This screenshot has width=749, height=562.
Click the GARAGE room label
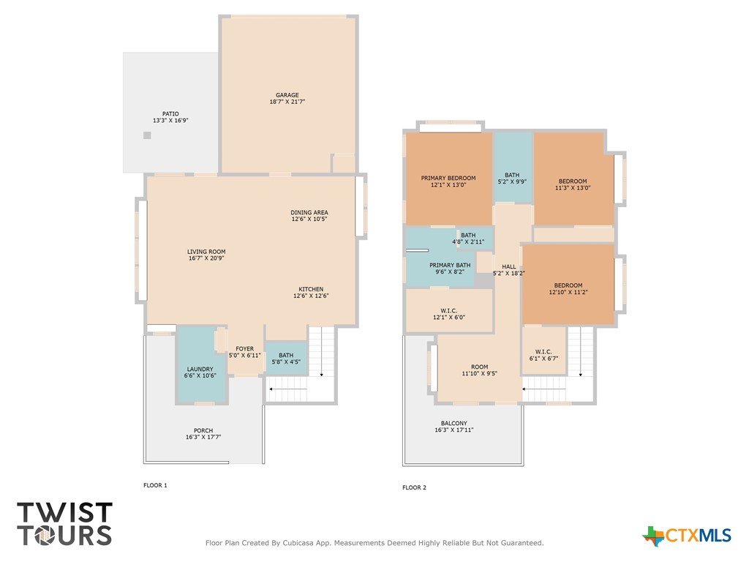coord(287,95)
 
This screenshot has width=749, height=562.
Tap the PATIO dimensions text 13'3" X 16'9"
coord(170,121)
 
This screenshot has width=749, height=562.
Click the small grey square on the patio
coord(147,135)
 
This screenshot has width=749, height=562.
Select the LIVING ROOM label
coord(206,252)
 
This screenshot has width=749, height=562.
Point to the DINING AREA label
coord(309,212)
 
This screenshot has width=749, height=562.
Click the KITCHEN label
coord(311,289)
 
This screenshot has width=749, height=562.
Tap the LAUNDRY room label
coord(200,369)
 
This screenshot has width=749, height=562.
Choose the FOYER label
coord(244,349)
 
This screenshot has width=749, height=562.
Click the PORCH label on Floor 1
coord(203,430)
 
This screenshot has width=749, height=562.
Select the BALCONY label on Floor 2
coord(453,424)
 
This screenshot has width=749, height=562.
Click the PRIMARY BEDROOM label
coord(448,179)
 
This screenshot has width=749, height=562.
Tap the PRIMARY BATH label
coord(450,265)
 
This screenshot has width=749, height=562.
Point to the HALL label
coord(509,266)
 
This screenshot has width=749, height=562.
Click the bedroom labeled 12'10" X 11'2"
coord(568,288)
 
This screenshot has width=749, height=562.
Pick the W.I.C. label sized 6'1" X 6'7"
coord(543,355)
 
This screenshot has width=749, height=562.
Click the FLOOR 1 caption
coord(155,486)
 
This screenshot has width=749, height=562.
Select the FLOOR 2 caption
coord(414,487)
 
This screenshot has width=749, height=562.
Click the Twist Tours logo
coord(64,524)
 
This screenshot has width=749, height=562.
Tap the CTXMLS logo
coord(687,536)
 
